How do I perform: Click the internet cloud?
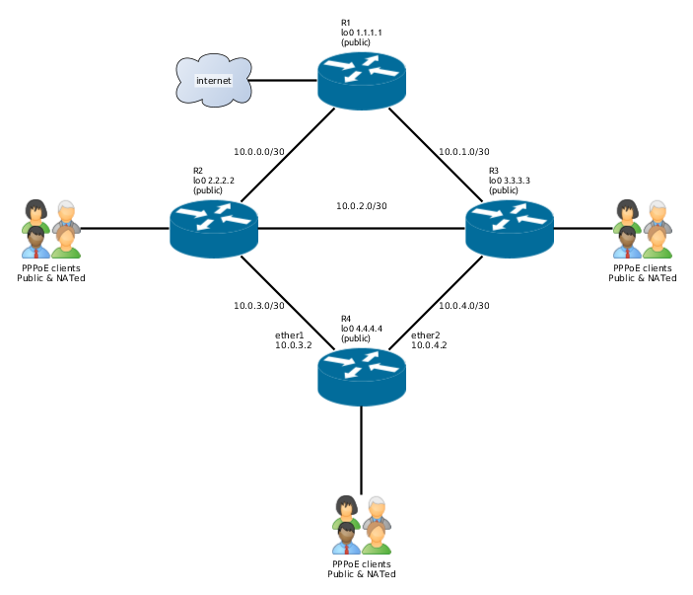[x=213, y=79]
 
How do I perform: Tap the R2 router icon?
[x=213, y=228]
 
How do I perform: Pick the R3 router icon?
[x=509, y=228]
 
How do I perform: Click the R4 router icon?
[x=361, y=376]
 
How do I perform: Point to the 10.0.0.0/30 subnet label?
[x=259, y=152]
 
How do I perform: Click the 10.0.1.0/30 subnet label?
[x=464, y=152]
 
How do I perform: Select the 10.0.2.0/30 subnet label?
[x=361, y=206]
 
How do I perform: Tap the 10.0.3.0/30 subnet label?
[x=259, y=305]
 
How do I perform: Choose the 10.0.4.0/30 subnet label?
[x=464, y=305]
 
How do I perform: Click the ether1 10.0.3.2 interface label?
[x=293, y=340]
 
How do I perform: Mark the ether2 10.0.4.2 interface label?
[x=429, y=340]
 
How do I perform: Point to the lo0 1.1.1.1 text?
[x=361, y=33]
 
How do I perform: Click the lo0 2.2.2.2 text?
[x=213, y=181]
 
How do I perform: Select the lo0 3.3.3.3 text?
[x=510, y=181]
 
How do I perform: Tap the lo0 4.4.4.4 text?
[x=361, y=329]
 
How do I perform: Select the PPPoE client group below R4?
[x=361, y=524]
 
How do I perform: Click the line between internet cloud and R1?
[x=285, y=80]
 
